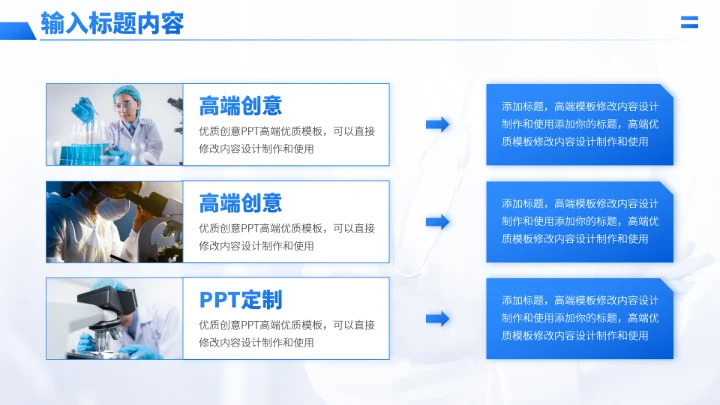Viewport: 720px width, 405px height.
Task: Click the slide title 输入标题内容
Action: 112,23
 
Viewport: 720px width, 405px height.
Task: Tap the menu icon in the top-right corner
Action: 689,23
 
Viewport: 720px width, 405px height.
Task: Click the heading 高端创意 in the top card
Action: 240,106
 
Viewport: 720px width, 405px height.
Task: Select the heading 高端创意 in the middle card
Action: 240,203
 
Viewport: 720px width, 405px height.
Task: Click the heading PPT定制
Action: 240,300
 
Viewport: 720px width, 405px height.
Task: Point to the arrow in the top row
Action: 437,124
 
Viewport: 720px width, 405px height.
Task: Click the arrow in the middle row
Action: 437,222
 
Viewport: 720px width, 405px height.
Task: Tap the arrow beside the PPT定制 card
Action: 437,319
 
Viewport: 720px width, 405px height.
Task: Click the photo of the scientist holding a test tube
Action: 114,124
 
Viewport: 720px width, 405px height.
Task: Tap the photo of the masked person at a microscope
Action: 114,222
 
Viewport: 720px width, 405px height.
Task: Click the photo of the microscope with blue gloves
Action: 114,319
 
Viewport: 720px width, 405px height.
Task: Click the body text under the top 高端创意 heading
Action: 286,140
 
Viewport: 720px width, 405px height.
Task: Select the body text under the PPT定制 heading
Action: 286,334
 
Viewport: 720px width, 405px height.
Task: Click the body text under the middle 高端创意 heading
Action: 286,237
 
